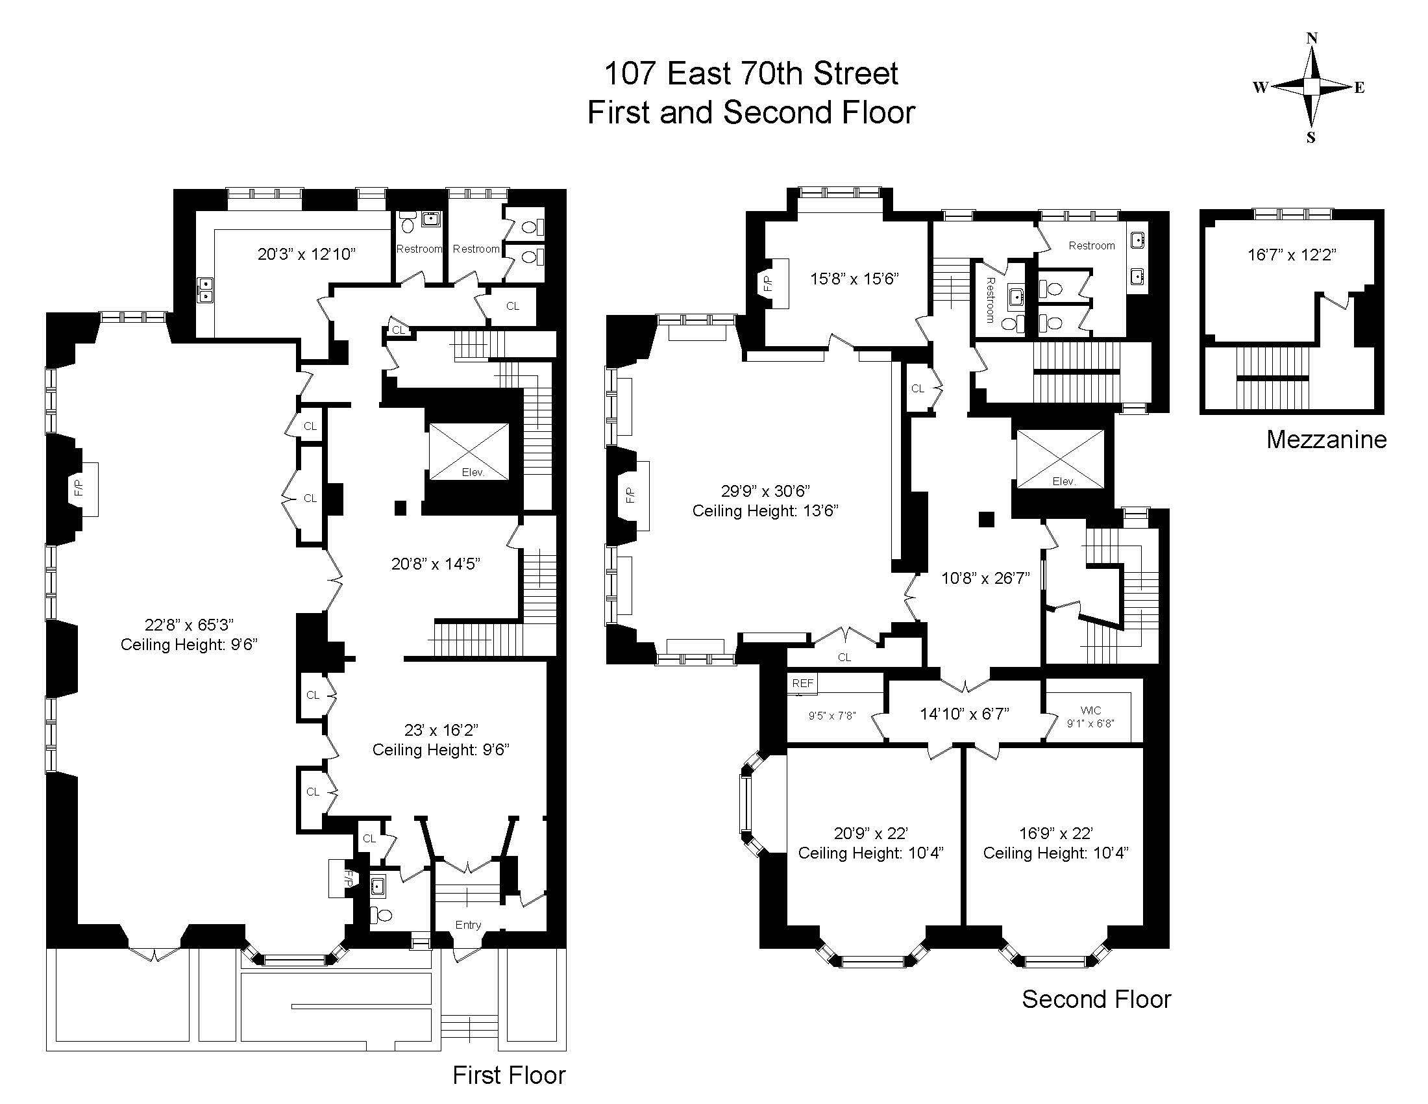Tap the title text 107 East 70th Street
coord(750,73)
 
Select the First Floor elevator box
coord(469,452)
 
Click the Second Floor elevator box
coord(1059,458)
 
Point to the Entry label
coord(468,925)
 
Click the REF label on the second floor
coord(803,683)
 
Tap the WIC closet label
coord(1090,710)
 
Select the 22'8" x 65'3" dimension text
coord(189,625)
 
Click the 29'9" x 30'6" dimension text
coord(766,491)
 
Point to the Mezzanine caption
coord(1326,440)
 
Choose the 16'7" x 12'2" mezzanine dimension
coord(1291,255)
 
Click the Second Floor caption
coord(1096,999)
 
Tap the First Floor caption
coord(509,1075)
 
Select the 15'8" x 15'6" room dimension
coord(855,279)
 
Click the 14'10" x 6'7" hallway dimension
coord(965,714)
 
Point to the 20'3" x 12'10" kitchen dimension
coord(306,254)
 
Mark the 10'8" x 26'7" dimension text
coord(985,578)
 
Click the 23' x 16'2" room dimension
coord(441,729)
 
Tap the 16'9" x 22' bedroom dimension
coord(1056,833)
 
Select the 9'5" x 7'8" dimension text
coord(831,716)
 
